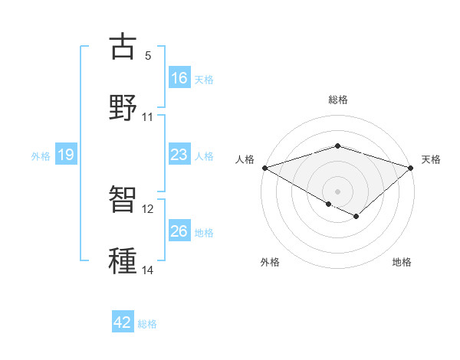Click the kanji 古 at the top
pyautogui.click(x=123, y=47)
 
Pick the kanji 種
pyautogui.click(x=123, y=261)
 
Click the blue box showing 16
pyautogui.click(x=179, y=78)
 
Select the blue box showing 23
pyautogui.click(x=179, y=155)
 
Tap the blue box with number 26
pyautogui.click(x=179, y=231)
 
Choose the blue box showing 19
pyautogui.click(x=66, y=155)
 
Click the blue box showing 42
pyautogui.click(x=123, y=323)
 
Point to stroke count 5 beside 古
pyautogui.click(x=148, y=56)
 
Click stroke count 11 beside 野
pyautogui.click(x=148, y=117)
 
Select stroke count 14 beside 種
pyautogui.click(x=148, y=270)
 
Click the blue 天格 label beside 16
pyautogui.click(x=204, y=79)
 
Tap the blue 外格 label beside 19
pyautogui.click(x=41, y=156)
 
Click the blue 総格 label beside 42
pyautogui.click(x=147, y=324)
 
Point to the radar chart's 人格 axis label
pyautogui.click(x=245, y=159)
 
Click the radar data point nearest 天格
pyautogui.click(x=411, y=168)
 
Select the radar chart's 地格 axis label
pyautogui.click(x=402, y=262)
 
